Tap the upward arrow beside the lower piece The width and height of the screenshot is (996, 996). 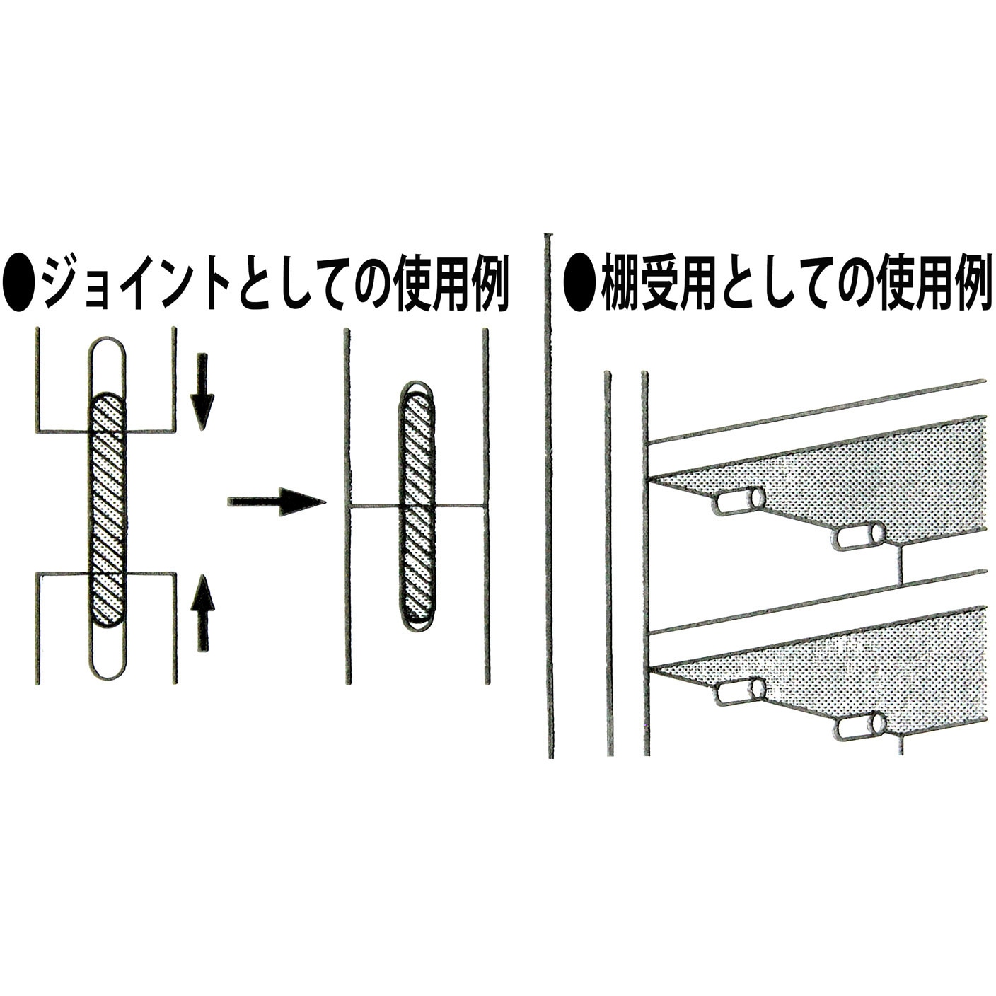click(203, 613)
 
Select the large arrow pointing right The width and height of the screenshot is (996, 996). click(276, 502)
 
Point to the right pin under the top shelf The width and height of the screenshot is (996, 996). click(858, 537)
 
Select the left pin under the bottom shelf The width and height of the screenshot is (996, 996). click(741, 691)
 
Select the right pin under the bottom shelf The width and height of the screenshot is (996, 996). click(859, 727)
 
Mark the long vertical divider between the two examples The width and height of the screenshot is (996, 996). click(550, 495)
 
